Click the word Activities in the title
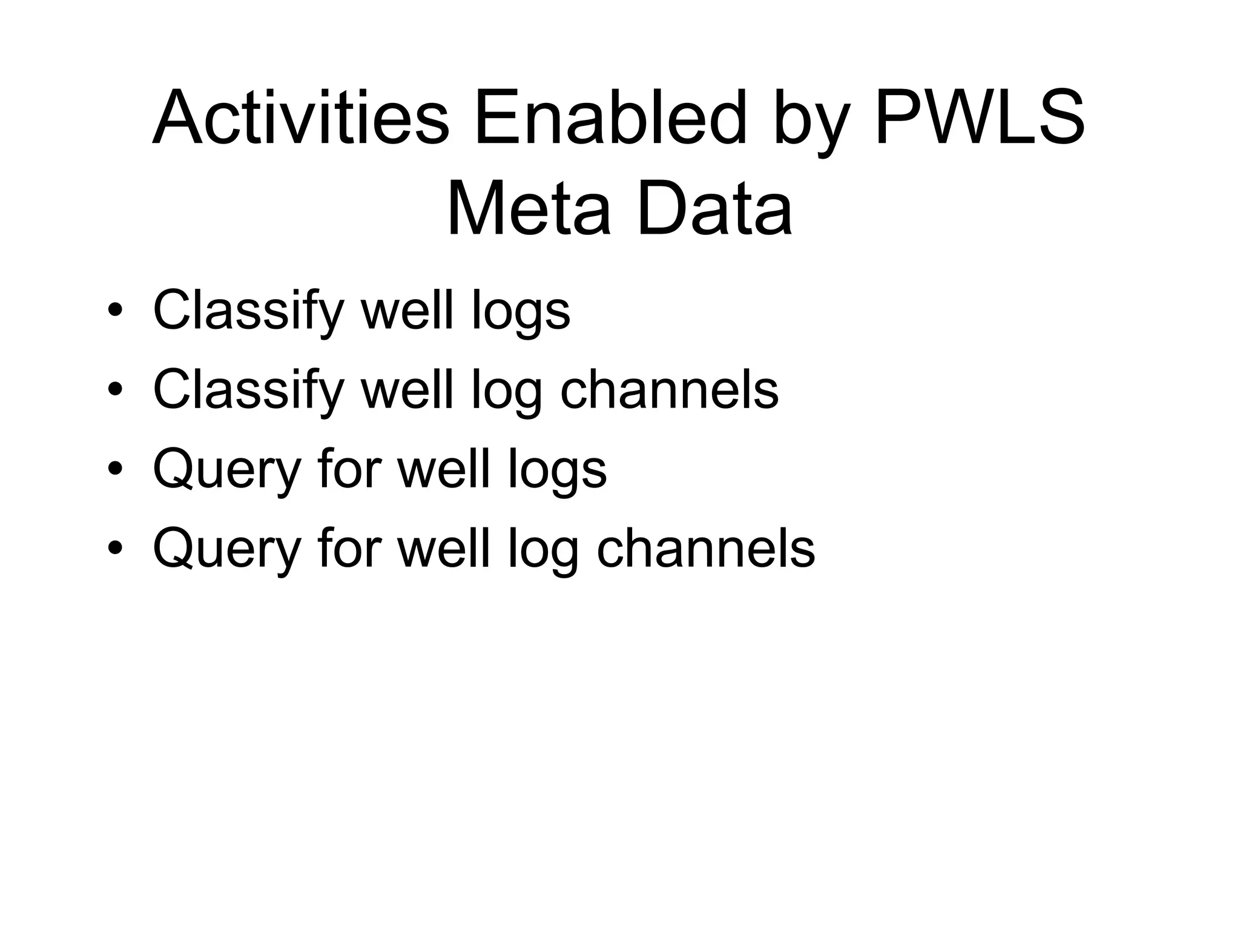click(301, 118)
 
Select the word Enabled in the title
click(609, 118)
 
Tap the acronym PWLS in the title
click(979, 118)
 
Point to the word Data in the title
click(714, 209)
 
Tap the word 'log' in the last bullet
click(542, 552)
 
